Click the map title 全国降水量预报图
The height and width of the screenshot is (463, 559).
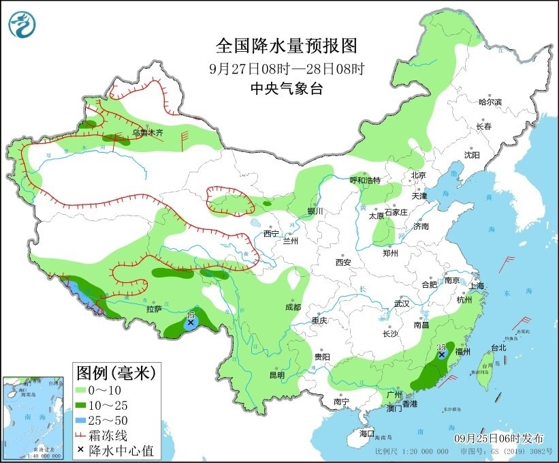pyautogui.click(x=286, y=46)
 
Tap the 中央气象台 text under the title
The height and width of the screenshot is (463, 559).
pyautogui.click(x=286, y=88)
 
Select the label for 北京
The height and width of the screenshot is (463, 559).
pyautogui.click(x=417, y=175)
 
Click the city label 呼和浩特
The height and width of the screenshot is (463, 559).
pyautogui.click(x=365, y=180)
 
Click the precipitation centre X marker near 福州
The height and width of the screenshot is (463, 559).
pyautogui.click(x=442, y=355)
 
